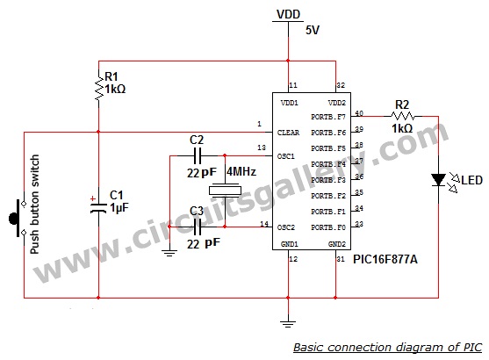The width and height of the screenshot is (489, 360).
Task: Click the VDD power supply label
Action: point(289,14)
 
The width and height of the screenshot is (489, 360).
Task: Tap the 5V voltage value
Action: point(313,30)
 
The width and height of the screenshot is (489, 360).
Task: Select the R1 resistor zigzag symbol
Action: point(99,89)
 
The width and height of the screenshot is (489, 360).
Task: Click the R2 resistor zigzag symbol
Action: point(403,117)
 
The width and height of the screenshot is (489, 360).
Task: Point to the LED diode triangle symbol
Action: point(438,180)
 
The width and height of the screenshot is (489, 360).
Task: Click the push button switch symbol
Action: point(18,218)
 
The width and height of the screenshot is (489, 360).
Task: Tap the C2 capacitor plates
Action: point(198,155)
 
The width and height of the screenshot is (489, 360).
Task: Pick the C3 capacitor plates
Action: point(198,227)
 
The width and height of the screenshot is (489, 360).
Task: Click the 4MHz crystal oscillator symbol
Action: point(225,191)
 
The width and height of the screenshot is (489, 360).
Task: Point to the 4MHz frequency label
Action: point(241,171)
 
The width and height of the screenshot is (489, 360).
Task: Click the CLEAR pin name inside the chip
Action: point(288,133)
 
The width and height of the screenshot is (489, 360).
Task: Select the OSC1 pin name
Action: point(286,156)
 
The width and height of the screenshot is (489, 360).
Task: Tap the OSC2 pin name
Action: point(286,227)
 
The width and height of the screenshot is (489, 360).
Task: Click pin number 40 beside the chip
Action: point(359,113)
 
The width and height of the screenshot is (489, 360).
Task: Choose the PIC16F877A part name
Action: point(385,259)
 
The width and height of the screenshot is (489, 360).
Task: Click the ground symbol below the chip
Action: point(288,324)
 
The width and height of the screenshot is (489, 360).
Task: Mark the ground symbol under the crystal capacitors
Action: point(169,253)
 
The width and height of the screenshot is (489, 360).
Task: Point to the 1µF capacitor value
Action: point(119,208)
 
